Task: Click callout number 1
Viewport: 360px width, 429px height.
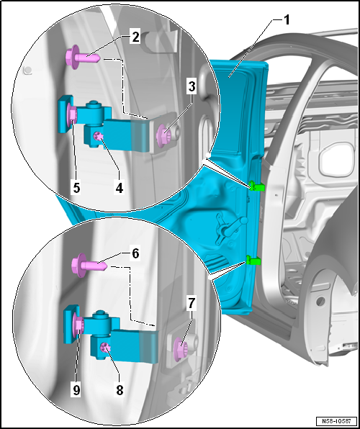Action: [x=286, y=21]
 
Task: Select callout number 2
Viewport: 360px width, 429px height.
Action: [x=135, y=37]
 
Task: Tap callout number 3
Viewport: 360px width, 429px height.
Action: [x=192, y=87]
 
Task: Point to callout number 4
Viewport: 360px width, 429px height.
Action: [x=119, y=188]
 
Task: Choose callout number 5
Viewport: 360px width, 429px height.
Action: [x=76, y=188]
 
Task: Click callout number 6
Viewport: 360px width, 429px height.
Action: [x=136, y=253]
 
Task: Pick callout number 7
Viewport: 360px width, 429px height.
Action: [x=191, y=304]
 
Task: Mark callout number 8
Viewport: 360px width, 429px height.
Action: [x=120, y=389]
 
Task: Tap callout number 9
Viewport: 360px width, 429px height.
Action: [x=76, y=389]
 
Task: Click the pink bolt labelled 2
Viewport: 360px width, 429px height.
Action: [x=83, y=58]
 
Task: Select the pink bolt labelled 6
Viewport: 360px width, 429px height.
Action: [x=89, y=265]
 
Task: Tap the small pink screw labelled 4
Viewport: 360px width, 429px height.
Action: [x=97, y=135]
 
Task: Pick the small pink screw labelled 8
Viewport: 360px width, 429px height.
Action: [x=104, y=348]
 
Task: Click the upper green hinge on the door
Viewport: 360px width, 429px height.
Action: [x=257, y=186]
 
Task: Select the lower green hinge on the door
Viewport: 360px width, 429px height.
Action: [x=253, y=260]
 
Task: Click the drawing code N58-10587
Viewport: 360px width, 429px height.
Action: [x=337, y=420]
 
